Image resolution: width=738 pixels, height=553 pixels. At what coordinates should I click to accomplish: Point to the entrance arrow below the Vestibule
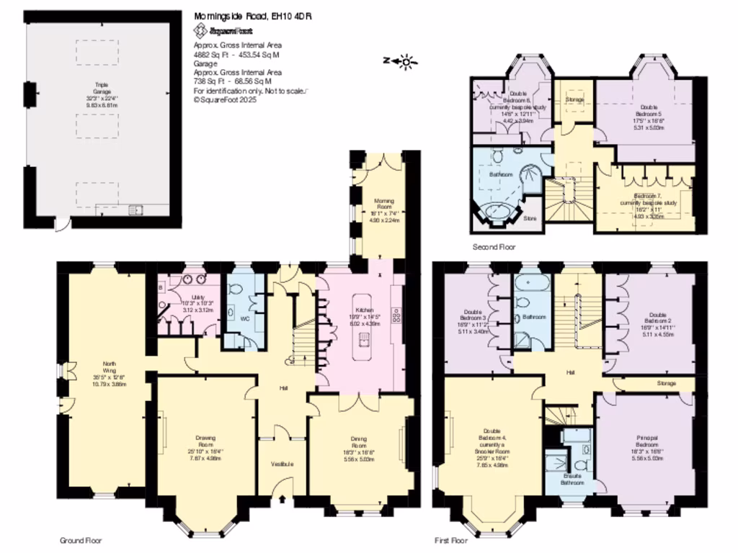point(282,499)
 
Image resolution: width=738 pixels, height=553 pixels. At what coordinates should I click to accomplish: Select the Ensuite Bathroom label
point(575,479)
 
